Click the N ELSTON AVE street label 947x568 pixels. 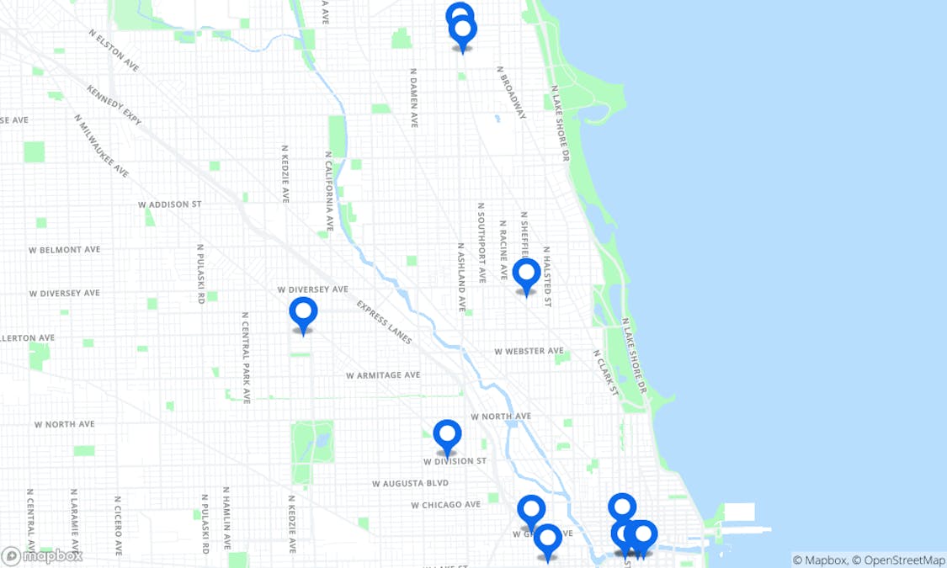point(114,50)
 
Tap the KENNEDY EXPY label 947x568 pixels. point(114,104)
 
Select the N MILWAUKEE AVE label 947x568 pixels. point(101,146)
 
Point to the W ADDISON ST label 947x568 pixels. point(170,204)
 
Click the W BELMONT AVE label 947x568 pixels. point(64,250)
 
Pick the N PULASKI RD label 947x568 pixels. point(200,273)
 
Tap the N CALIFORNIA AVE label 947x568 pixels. point(329,191)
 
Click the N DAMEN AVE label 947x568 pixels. point(413,98)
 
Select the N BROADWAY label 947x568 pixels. point(512,93)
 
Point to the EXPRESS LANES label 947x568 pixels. point(384,322)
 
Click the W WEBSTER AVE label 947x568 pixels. point(529,351)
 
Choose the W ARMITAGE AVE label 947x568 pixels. point(382,375)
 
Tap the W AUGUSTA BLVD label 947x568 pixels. point(410,483)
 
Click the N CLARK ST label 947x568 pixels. point(605,372)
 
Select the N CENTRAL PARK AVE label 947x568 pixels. point(246,358)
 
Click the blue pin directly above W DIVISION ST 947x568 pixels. point(447,436)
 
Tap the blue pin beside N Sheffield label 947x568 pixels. point(526,274)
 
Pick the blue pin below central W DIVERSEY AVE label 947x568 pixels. point(303,313)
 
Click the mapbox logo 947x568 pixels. point(42,555)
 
